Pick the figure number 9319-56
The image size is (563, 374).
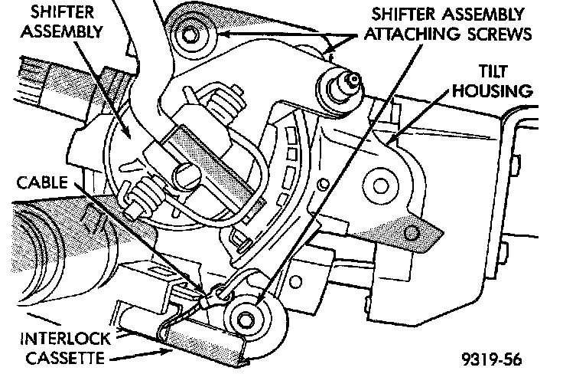(x=495, y=357)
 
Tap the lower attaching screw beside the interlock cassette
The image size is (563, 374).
(x=249, y=316)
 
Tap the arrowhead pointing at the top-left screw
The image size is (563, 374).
(x=218, y=32)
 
